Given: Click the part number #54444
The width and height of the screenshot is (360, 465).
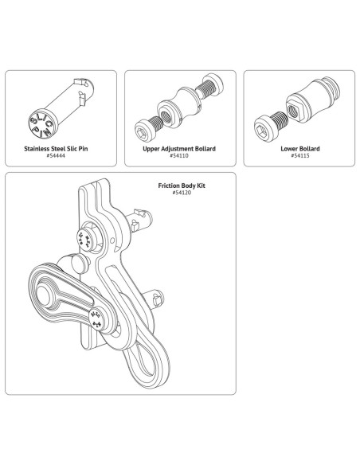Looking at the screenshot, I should click(x=61, y=155).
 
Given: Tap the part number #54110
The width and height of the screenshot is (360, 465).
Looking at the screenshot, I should click(x=180, y=155).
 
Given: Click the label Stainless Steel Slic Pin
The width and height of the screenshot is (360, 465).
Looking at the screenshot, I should click(x=61, y=148).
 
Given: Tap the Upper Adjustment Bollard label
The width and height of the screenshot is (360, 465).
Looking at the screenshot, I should click(x=180, y=148).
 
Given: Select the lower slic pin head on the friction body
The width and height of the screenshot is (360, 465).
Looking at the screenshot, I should click(x=97, y=319).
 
